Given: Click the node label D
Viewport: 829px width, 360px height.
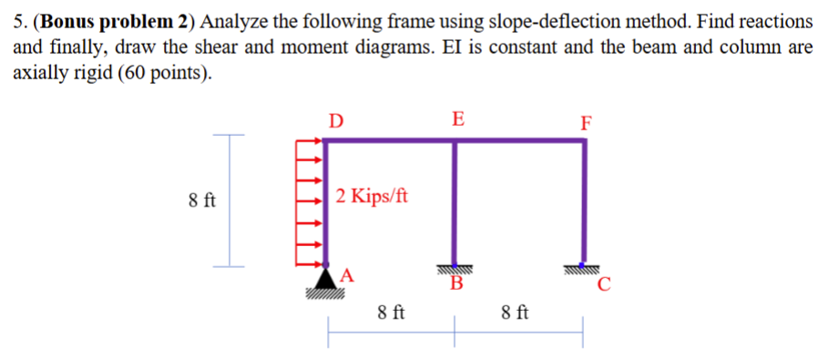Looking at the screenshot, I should tap(337, 120).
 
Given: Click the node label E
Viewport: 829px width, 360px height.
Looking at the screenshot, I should tap(457, 118).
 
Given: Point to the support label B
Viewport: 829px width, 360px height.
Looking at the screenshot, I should tap(457, 284).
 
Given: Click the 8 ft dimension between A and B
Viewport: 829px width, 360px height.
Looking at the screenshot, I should tap(392, 314).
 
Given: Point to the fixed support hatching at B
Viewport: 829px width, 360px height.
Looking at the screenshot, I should tap(455, 270).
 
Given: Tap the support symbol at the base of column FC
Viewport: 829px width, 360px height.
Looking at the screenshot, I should tap(584, 267).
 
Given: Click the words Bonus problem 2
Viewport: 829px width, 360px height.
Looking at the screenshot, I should tap(118, 20).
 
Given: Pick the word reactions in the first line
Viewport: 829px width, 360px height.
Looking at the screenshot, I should tap(773, 20).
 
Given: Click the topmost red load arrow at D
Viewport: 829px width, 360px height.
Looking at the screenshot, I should tap(311, 141).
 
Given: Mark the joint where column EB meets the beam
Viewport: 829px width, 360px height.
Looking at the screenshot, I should tap(455, 141).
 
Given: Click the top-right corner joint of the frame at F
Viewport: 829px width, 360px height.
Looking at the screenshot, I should tap(584, 141).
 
